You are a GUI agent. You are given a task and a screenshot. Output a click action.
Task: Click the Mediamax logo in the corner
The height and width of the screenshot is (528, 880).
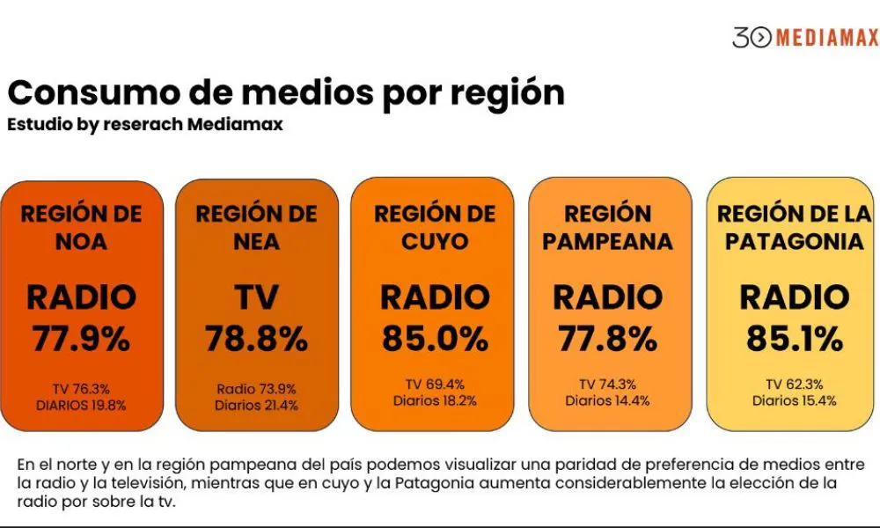tap(804, 37)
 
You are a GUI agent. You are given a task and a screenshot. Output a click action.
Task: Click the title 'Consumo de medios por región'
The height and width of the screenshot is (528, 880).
tap(286, 92)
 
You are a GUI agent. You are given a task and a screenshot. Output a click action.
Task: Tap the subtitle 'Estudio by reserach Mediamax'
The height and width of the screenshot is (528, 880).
tap(144, 124)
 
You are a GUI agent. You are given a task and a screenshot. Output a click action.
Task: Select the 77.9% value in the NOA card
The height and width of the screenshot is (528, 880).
tap(81, 339)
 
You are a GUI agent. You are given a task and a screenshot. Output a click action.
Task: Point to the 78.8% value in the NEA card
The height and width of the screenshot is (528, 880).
tap(256, 339)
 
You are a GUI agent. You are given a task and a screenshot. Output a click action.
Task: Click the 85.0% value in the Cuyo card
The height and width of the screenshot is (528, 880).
tap(433, 339)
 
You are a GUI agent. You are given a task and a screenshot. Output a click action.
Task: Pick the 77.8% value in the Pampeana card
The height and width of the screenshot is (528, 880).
tap(607, 339)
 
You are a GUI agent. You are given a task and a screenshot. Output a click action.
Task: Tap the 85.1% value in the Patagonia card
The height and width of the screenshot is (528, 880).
tap(794, 339)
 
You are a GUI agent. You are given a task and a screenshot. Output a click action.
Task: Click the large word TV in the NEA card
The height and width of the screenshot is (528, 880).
tap(256, 298)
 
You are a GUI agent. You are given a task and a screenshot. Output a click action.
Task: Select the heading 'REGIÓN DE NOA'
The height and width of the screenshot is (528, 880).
tap(81, 228)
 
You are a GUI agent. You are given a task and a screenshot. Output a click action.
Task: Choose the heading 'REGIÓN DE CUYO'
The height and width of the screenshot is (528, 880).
tap(433, 228)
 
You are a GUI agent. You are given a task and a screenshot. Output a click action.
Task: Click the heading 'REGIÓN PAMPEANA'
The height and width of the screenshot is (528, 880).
tap(607, 227)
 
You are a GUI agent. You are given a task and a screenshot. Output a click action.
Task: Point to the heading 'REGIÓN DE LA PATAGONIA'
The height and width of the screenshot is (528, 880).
tap(794, 227)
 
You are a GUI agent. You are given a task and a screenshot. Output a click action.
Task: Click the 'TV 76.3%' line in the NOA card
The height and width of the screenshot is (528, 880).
tap(81, 389)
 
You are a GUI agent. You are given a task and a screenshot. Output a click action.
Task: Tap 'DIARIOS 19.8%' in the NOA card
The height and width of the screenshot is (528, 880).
tap(81, 405)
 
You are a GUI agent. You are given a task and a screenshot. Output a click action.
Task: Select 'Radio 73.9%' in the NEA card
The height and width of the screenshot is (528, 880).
tap(256, 389)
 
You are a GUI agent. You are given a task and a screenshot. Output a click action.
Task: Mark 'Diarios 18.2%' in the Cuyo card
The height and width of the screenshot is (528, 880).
tap(433, 400)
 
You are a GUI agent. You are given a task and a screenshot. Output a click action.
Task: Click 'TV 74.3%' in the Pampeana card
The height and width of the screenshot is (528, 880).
tap(607, 384)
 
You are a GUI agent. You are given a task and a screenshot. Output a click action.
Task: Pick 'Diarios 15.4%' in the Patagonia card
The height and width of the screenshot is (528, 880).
tap(794, 400)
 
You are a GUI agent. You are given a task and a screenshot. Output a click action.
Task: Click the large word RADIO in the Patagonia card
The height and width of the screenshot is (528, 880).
tap(794, 298)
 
